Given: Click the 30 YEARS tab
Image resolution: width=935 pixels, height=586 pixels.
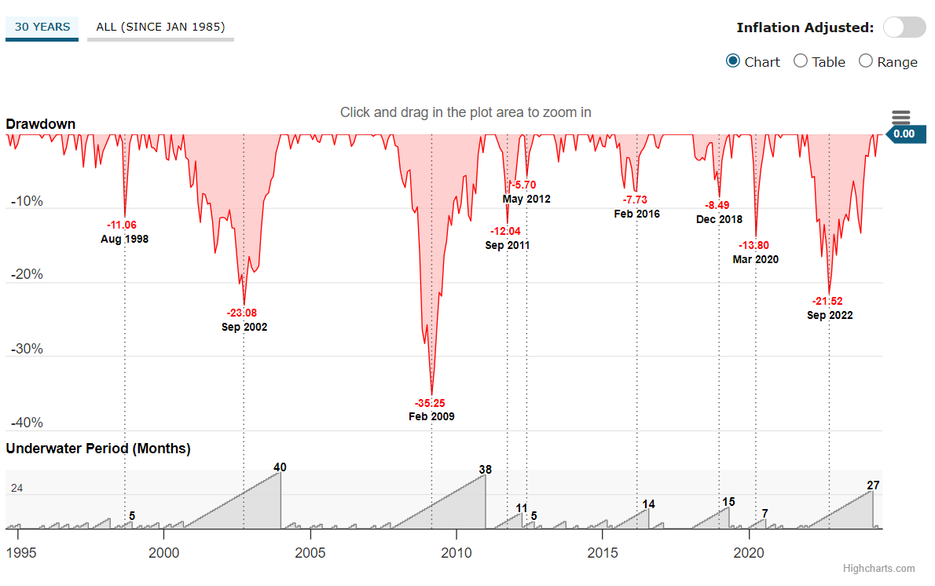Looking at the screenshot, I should coord(42,27).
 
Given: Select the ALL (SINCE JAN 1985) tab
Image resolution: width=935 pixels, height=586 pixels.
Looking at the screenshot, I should coord(160,27).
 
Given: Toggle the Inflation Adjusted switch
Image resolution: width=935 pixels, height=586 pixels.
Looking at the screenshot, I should coord(904,27).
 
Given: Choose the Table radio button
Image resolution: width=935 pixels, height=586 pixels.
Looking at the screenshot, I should coord(801,61).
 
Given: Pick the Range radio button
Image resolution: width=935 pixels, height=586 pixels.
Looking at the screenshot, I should coord(866,61).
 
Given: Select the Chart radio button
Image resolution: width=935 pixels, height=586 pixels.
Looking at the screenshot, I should coord(733,61).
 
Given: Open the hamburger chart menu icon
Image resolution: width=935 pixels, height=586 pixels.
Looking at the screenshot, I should coord(900,118).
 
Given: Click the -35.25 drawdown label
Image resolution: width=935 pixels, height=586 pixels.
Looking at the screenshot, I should coord(431,404).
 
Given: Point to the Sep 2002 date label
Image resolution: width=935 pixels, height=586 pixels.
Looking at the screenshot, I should coord(244,327).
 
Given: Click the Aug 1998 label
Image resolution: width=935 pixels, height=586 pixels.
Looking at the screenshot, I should coord(124,239).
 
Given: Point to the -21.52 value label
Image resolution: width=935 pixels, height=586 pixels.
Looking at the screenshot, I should coord(830,302).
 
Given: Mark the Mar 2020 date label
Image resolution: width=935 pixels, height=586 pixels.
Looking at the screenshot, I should coord(756,259).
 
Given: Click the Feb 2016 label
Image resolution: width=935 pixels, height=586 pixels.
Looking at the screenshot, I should coord(636,214).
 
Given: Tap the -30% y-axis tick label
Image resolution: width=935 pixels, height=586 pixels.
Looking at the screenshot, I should coord(27,349).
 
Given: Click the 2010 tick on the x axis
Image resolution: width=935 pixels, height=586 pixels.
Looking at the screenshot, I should coord(456,552).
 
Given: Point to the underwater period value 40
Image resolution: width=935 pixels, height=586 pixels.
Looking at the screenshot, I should coord(280,467).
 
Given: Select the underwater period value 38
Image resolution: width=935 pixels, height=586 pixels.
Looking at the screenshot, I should coord(485,470).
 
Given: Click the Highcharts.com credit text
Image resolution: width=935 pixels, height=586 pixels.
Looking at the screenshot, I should coord(878,569).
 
